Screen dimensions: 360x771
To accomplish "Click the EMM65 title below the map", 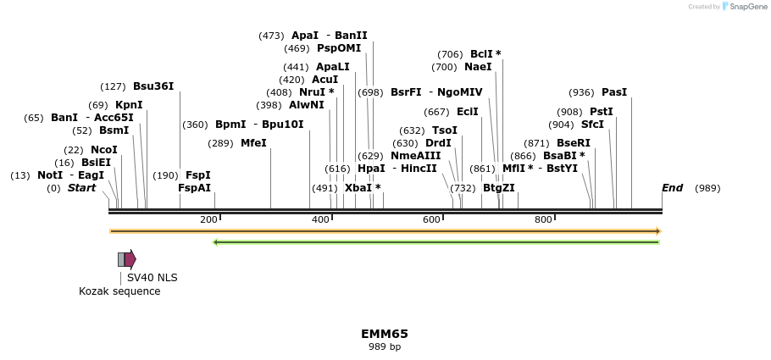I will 385,334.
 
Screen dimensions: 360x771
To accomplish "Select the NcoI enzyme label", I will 103,150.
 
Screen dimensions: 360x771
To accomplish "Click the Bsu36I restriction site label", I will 153,86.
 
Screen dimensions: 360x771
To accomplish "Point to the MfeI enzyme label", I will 253,143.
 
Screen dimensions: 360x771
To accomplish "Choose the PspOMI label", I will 339,48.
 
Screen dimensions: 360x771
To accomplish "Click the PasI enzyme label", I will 614,92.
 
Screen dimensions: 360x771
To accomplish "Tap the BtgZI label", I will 498,188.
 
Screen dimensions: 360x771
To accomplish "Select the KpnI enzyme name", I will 129,105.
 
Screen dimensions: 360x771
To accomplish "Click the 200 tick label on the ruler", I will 208,220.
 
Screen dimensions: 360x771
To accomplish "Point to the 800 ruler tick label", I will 543,220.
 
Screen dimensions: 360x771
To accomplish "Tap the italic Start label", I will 82,188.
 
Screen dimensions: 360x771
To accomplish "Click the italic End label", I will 672,188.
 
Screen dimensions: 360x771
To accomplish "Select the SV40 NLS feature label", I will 152,278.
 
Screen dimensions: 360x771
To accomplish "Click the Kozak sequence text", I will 119,291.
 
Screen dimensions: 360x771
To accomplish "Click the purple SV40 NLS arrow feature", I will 130,259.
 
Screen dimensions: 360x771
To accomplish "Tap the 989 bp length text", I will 385,347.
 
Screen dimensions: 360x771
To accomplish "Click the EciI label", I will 468,112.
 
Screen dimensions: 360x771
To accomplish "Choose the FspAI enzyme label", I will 194,188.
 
